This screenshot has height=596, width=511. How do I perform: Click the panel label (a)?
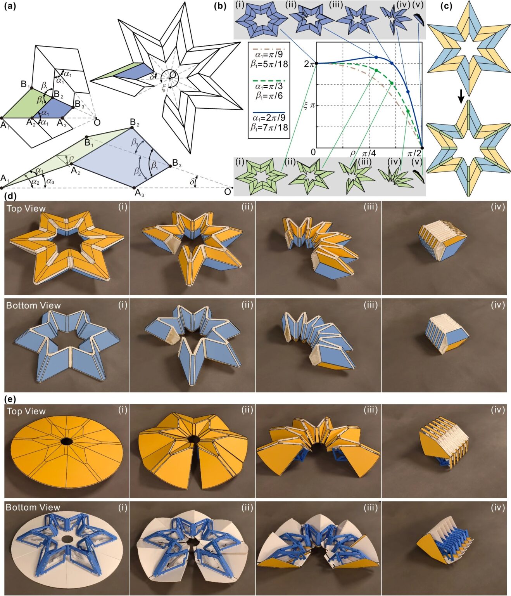(x=10, y=6)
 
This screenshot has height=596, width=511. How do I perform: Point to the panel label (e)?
(x=10, y=398)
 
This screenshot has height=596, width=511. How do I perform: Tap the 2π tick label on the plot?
(x=309, y=64)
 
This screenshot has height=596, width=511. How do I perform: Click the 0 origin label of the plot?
(x=313, y=152)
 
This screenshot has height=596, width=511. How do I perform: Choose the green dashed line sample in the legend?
(x=269, y=81)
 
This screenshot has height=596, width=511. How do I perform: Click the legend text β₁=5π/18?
(x=269, y=64)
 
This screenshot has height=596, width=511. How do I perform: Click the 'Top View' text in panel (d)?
(x=26, y=209)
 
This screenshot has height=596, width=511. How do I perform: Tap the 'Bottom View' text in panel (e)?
(x=33, y=508)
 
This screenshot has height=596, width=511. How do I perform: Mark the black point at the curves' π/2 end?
(x=422, y=148)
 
